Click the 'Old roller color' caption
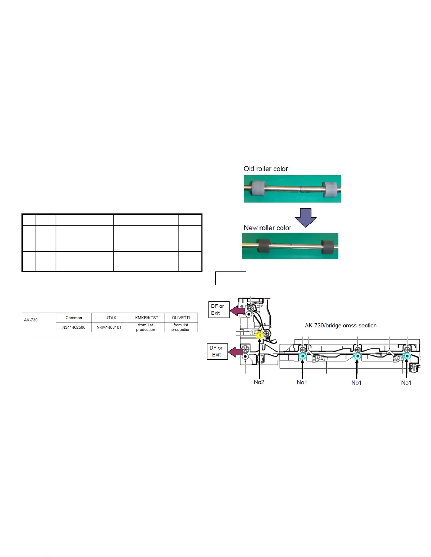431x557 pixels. (266, 169)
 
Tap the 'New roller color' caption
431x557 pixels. (268, 228)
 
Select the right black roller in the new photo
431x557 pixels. (328, 247)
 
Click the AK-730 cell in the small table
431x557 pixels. (31, 320)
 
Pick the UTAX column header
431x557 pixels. (111, 318)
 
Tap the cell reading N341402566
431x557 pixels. (74, 327)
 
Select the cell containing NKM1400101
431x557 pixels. (109, 327)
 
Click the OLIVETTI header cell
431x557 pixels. (181, 318)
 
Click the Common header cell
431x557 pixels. (74, 318)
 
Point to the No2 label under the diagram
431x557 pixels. (259, 382)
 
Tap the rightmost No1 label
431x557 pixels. (406, 383)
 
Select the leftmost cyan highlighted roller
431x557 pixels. (302, 357)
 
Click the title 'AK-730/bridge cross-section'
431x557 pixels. (341, 326)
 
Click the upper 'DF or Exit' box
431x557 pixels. (218, 310)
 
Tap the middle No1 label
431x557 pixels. (356, 383)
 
